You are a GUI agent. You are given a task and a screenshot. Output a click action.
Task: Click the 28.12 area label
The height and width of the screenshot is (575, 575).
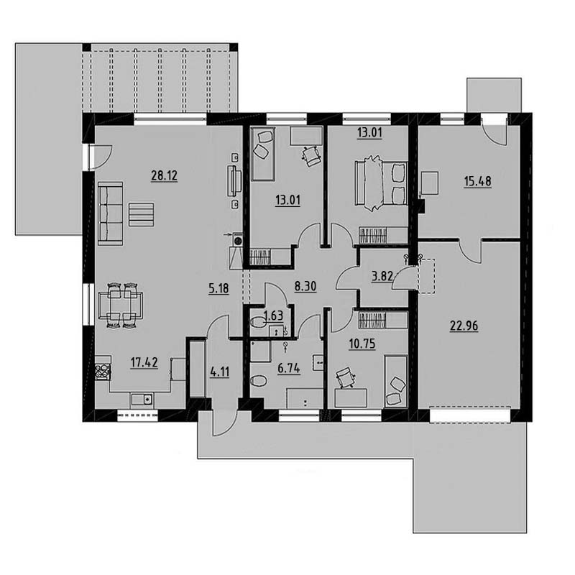point(165,175)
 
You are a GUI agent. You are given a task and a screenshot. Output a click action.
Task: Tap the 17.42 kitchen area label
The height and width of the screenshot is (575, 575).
point(144,362)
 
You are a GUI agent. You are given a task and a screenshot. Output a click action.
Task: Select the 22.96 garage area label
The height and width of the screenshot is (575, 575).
point(464,326)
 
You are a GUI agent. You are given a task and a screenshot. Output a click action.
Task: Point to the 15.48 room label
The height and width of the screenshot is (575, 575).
point(477,181)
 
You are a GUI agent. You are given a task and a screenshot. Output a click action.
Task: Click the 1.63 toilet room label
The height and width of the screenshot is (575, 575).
point(274,316)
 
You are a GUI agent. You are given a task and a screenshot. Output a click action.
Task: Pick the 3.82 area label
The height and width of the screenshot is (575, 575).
point(382,276)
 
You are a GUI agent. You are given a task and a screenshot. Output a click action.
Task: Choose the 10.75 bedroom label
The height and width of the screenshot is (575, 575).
point(362,344)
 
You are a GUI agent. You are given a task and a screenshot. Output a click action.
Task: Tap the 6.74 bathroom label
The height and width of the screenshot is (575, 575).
point(289,368)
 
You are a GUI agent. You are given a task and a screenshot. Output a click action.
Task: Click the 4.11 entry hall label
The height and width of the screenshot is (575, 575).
point(220,372)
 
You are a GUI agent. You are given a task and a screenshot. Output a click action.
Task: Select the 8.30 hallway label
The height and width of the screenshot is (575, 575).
point(305,286)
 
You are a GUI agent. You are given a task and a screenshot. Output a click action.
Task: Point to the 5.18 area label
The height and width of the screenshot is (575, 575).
point(218,288)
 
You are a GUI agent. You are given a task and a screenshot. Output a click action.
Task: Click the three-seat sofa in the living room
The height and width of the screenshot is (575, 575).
point(111,213)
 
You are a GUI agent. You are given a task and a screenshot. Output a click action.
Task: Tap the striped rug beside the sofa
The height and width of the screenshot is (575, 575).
point(141,214)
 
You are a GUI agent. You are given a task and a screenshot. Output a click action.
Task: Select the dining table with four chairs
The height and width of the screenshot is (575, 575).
point(121,304)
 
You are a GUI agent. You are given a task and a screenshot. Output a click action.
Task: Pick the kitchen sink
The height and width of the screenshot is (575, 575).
point(143,399)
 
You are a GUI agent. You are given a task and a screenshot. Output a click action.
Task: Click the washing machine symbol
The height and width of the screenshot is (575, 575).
point(238,241)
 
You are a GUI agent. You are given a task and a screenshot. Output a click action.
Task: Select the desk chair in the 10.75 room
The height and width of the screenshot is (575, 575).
point(346,378)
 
